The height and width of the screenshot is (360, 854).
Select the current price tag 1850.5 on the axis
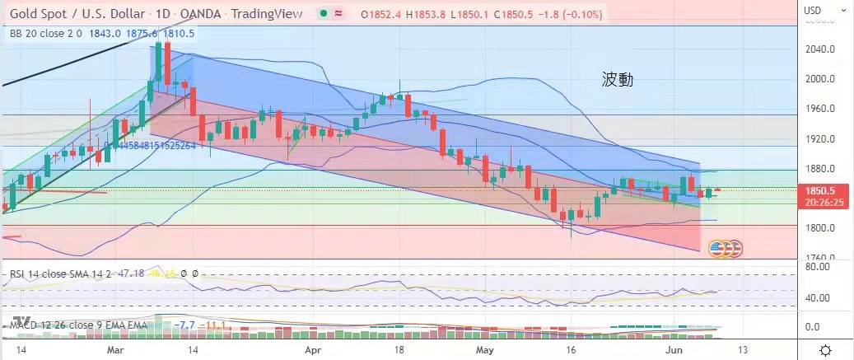coord(821,189)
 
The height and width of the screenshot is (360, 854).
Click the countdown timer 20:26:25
coord(821,200)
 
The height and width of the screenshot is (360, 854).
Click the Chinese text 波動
coord(617,80)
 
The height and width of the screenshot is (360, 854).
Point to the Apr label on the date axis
coord(312,349)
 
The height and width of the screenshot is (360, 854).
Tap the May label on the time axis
coord(485,349)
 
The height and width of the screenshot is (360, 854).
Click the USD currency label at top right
coord(813,11)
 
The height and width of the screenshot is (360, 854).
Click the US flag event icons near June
coord(725,247)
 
